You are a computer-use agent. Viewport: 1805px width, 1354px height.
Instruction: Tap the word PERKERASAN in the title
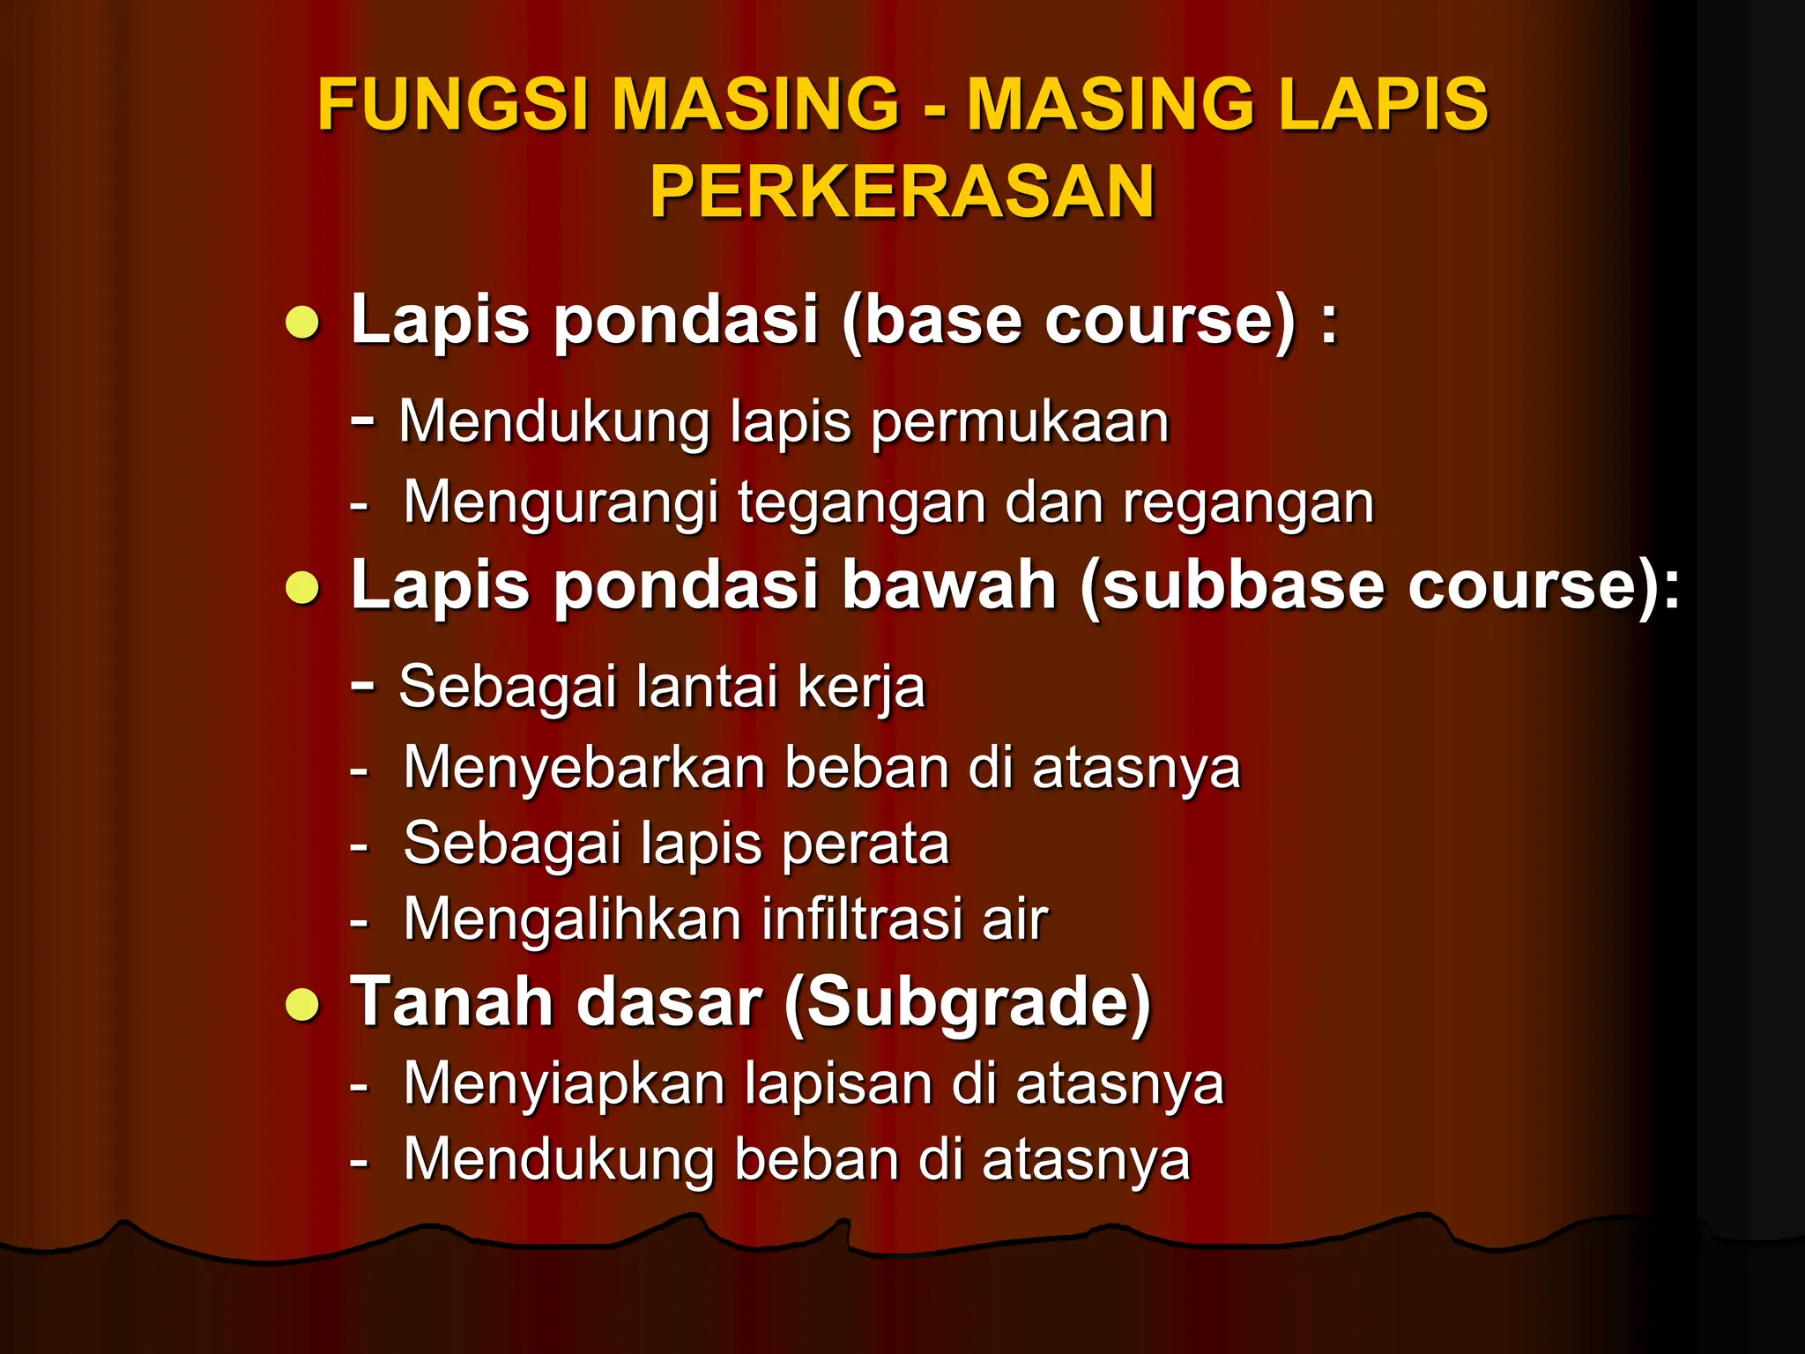tap(902, 192)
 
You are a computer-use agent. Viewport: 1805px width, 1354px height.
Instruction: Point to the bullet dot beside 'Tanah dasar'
tap(302, 1006)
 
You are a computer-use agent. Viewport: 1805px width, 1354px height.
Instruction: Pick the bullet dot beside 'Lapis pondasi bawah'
tap(302, 588)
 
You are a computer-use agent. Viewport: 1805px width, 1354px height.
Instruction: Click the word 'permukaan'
tap(1020, 422)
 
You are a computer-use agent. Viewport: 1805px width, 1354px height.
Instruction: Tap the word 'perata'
tap(865, 844)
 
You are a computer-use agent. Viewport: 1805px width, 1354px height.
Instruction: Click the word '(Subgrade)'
tap(967, 1003)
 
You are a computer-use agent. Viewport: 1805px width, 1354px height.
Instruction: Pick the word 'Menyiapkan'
tap(563, 1083)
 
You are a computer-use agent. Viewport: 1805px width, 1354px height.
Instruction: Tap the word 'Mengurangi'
tap(561, 504)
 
